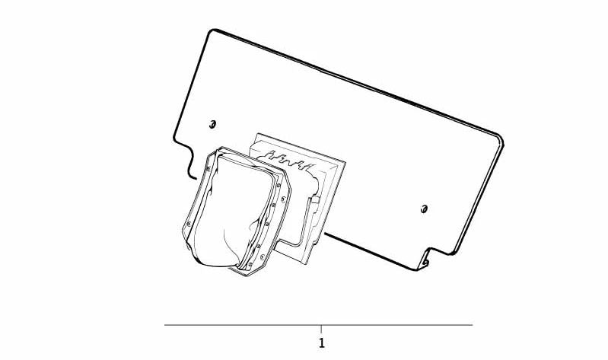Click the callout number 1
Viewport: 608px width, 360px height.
tap(321, 343)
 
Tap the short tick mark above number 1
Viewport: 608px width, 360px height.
tap(321, 329)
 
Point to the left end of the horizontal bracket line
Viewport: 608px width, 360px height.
tap(165, 325)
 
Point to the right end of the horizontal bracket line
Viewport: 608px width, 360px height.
tap(473, 325)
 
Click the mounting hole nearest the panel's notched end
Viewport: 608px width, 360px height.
tap(212, 124)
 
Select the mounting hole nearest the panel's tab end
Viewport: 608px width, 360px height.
tap(424, 209)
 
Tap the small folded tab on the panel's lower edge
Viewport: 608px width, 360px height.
tap(424, 259)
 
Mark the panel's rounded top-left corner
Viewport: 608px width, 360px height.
tap(212, 31)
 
